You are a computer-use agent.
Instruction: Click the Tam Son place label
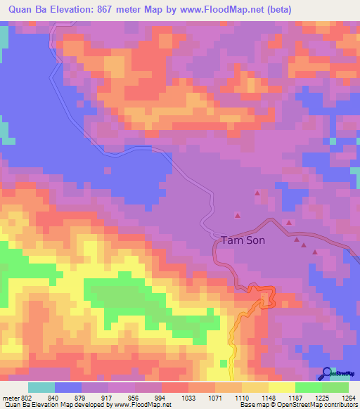point(243,240)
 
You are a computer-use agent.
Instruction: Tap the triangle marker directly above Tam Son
point(237,216)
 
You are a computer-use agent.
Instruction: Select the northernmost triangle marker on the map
point(257,193)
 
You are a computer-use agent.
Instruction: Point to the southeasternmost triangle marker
point(315,253)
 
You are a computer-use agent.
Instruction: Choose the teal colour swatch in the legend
point(41,387)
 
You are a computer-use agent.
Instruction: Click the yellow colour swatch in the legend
point(282,387)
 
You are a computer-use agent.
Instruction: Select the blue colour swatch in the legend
point(68,387)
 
